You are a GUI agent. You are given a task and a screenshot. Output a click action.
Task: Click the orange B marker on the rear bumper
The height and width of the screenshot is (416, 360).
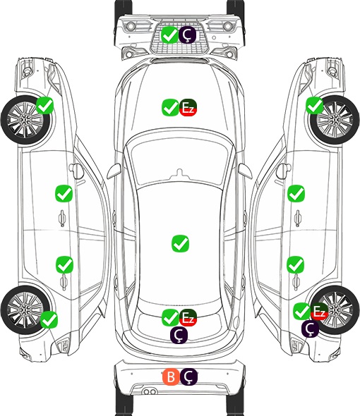171,377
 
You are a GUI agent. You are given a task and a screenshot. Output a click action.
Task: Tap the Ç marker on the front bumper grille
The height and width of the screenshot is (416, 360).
187,35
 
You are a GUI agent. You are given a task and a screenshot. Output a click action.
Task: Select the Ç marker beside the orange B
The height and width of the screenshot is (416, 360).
188,377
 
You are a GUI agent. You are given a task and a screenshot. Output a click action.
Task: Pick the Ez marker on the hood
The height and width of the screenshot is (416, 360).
188,108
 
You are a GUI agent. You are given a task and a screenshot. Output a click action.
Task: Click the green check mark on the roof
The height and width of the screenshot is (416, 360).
181,243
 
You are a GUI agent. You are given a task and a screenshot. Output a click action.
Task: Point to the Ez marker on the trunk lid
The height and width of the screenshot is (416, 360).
188,317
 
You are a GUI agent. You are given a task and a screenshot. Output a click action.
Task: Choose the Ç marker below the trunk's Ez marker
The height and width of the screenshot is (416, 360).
179,335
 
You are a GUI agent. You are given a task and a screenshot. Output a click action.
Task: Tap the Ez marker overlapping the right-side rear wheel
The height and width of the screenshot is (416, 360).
319,311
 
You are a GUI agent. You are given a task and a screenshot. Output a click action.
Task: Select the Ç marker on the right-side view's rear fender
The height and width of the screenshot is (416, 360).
310,329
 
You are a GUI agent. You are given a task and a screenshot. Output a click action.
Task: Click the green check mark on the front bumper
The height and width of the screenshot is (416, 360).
170,35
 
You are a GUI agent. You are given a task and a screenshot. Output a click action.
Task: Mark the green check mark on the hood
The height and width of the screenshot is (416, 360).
171,108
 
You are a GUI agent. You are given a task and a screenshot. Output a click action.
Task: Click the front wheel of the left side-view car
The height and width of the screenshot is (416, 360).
25,120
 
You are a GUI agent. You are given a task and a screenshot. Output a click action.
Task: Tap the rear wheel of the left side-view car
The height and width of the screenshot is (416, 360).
25,310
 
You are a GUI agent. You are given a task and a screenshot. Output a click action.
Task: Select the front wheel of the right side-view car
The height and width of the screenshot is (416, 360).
335,120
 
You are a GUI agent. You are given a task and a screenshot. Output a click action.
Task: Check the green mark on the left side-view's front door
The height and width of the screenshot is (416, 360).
64,194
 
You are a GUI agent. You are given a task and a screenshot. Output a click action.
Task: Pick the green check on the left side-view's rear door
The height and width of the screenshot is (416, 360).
64,264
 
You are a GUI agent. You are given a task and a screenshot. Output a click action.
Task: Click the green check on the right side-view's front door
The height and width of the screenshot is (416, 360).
296,194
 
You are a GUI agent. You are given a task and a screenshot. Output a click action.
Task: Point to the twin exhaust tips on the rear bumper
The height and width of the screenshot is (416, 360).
150,392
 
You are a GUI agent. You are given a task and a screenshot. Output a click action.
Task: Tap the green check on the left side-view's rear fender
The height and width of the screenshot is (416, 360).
49,319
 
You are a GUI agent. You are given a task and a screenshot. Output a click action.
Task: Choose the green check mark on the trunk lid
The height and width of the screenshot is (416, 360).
171,317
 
